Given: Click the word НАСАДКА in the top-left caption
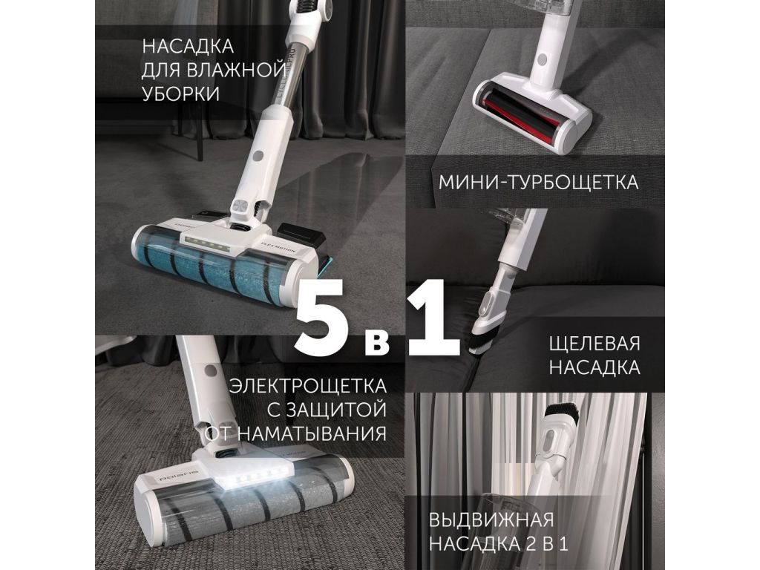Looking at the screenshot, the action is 188,47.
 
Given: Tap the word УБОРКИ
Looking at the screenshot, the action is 181,94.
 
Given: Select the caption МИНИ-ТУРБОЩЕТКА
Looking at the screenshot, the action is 539,183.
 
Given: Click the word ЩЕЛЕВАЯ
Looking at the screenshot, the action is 594,344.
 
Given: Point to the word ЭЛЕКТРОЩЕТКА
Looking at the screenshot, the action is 308,386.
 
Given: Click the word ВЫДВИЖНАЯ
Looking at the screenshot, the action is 491,520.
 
